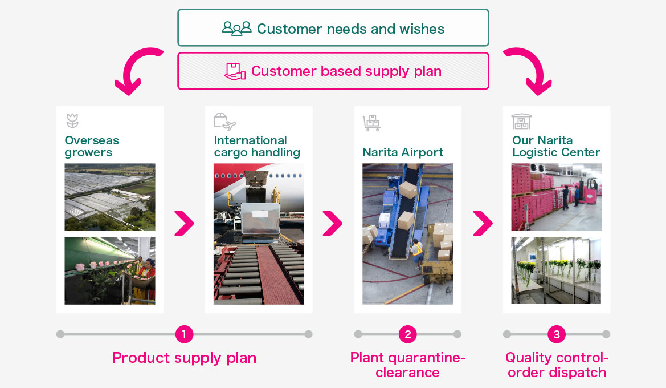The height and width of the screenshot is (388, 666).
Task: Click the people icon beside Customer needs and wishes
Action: (x=236, y=29)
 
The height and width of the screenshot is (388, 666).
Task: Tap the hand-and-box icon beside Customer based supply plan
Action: (x=235, y=71)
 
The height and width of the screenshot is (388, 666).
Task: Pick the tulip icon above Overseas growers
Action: (x=72, y=121)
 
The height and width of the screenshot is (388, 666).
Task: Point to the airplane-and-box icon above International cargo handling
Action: (x=224, y=122)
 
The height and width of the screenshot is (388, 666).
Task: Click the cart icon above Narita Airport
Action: (x=371, y=123)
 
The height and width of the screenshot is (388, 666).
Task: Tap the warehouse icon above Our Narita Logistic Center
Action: (x=521, y=122)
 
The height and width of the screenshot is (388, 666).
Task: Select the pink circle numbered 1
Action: (x=185, y=334)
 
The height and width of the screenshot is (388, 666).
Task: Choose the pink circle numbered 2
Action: (x=408, y=334)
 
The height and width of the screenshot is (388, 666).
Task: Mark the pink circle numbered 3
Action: (x=557, y=334)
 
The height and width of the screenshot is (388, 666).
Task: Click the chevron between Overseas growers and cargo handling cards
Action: (x=184, y=223)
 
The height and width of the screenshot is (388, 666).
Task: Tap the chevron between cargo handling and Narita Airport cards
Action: (x=333, y=223)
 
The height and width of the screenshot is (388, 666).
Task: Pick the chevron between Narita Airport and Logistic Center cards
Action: (x=483, y=223)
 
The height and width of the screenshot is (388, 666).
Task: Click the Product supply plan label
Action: (x=185, y=358)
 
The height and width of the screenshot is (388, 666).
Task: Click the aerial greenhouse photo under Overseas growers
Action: (x=110, y=197)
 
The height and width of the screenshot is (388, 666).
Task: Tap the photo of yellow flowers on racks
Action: (x=557, y=270)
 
